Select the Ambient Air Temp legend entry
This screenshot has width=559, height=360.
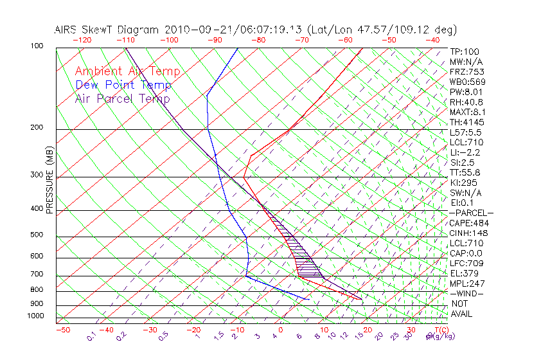click(x=127, y=71)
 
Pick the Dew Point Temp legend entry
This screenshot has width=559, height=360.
click(x=123, y=85)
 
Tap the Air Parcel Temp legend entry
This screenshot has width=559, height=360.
click(x=122, y=98)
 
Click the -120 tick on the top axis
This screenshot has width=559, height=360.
click(x=82, y=40)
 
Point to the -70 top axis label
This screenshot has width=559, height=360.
click(x=301, y=40)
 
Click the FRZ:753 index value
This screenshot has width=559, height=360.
click(x=466, y=71)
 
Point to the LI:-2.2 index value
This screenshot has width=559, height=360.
click(x=465, y=152)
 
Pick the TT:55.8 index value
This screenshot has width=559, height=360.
click(x=465, y=172)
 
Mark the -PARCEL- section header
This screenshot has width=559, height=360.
click(x=472, y=213)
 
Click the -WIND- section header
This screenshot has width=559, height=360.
click(x=467, y=293)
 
